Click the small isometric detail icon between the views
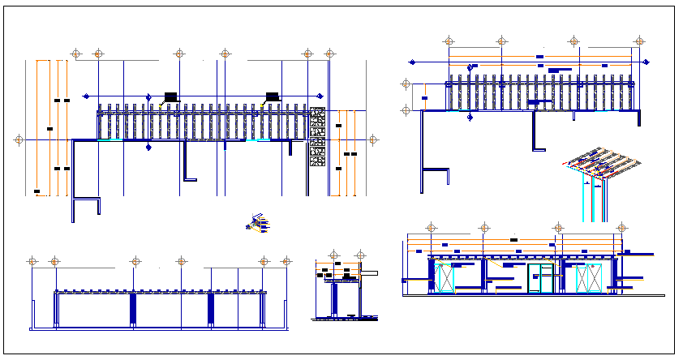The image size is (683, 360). point(259,224)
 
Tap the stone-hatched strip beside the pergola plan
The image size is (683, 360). point(317,138)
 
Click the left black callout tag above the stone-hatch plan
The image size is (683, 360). point(170,96)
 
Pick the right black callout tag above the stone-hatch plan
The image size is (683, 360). point(272,96)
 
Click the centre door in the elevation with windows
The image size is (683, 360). point(540,278)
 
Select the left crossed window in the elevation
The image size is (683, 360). point(445,278)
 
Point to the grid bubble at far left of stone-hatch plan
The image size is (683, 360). point(19,139)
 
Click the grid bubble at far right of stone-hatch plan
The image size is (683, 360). point(373,139)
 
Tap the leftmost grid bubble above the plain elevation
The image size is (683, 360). point(32,261)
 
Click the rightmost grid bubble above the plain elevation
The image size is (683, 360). point(286,261)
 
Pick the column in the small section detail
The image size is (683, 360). point(334,300)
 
